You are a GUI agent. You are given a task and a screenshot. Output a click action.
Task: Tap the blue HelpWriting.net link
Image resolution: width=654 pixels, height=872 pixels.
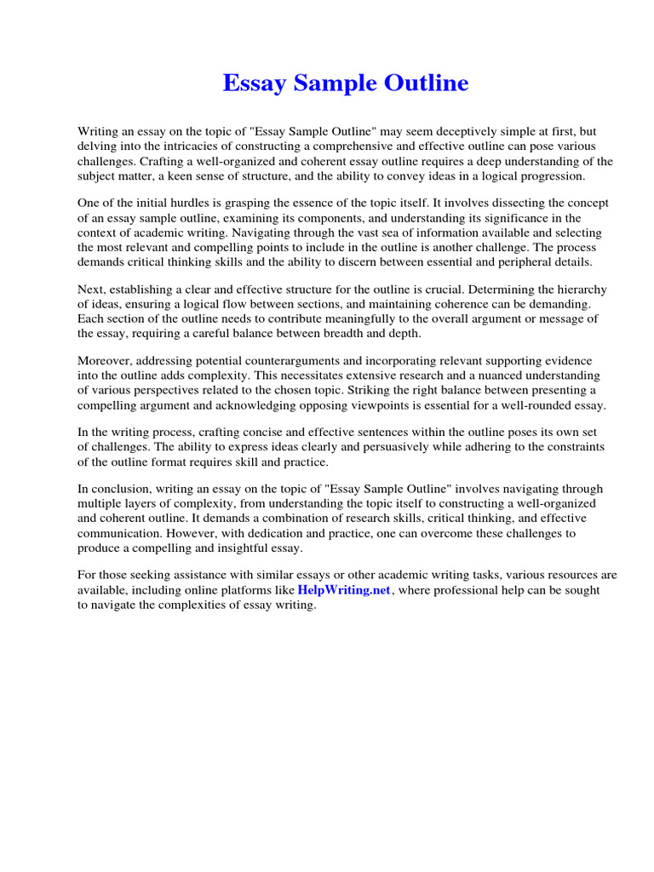point(344,590)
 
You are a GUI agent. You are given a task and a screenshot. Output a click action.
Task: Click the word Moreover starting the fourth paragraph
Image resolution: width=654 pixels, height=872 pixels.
point(104,361)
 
